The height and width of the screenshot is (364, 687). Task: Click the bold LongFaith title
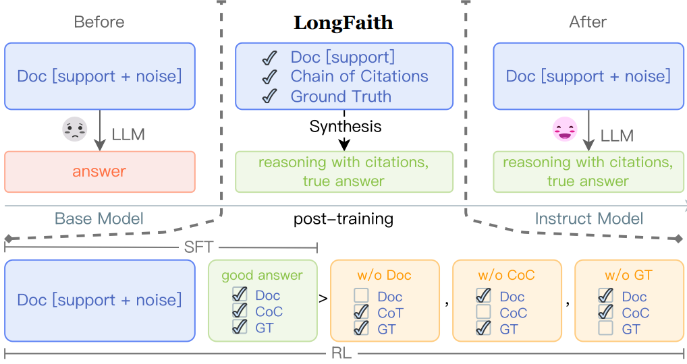(343, 23)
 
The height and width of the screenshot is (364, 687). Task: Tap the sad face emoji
(75, 129)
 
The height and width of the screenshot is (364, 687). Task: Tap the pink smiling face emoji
(565, 129)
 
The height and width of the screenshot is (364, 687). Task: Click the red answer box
(100, 171)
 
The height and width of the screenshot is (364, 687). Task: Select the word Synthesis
(346, 127)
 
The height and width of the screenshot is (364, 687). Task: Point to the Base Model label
(99, 218)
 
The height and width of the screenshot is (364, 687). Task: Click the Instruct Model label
(589, 218)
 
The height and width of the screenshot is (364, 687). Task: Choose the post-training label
(343, 219)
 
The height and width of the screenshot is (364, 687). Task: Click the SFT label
(198, 247)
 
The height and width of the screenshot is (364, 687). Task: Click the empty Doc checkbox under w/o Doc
(361, 295)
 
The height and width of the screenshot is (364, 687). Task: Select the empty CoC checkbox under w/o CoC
(483, 311)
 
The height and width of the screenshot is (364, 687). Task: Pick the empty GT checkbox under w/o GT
(605, 328)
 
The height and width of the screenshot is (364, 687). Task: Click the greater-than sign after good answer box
(323, 299)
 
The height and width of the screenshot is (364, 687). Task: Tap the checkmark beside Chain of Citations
(269, 77)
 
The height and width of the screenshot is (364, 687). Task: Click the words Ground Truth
(341, 96)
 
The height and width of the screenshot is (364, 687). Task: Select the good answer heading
(262, 275)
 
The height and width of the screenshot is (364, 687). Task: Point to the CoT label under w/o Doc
(390, 313)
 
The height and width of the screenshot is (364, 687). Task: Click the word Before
(99, 22)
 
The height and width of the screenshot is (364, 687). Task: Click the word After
(588, 22)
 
